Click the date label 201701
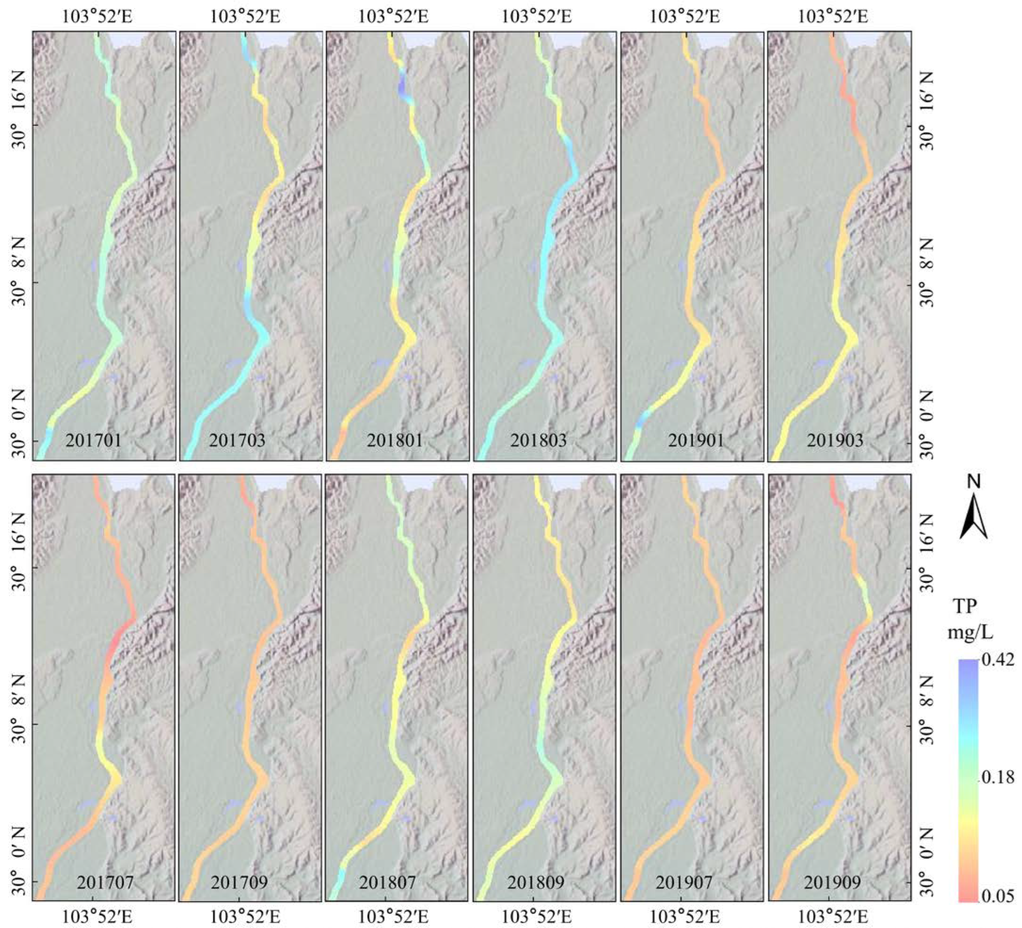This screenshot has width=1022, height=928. [93, 440]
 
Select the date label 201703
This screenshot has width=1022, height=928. [237, 440]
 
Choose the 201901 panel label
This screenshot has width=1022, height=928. [695, 440]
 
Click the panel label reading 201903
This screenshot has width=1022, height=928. [835, 440]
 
